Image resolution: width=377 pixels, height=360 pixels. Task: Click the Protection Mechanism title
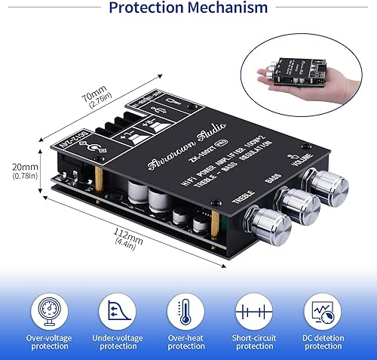(188, 9)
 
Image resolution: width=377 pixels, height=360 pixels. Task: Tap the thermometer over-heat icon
(186, 311)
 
